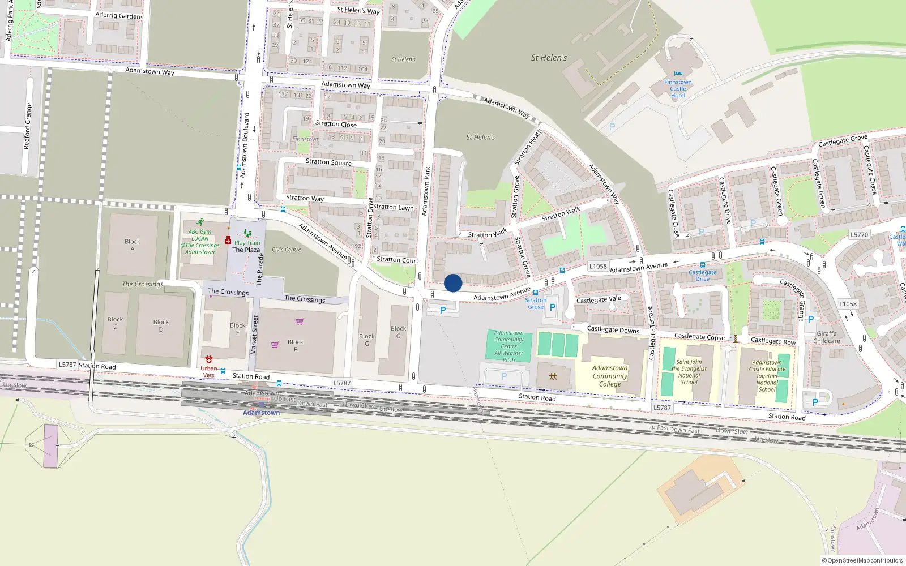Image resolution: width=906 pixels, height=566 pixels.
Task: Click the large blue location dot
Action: (453, 283)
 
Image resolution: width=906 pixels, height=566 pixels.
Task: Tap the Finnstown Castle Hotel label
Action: (678, 89)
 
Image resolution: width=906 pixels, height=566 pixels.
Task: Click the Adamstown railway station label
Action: (261, 413)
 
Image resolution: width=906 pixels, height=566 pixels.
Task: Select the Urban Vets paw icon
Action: (209, 359)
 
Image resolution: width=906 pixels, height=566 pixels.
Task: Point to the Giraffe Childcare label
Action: (826, 337)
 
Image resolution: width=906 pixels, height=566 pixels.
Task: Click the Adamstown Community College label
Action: (610, 376)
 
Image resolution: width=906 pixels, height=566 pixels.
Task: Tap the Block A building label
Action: (133, 245)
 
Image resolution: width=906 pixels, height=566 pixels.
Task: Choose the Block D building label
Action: (161, 325)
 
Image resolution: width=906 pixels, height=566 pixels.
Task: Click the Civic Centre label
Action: (287, 250)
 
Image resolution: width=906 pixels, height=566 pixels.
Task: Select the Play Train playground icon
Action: (247, 233)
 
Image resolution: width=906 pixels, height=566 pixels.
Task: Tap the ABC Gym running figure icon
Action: (200, 222)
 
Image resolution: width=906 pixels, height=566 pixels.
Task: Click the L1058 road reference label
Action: (598, 267)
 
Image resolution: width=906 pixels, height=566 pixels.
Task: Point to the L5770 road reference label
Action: (859, 235)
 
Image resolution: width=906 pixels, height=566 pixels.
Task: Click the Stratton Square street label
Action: (328, 162)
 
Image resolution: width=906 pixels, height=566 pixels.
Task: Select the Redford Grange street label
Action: (28, 126)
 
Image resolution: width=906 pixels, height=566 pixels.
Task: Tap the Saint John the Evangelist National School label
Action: (689, 372)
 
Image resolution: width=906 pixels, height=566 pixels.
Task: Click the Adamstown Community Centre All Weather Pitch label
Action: (509, 346)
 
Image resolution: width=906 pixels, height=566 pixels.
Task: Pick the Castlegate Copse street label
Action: (699, 337)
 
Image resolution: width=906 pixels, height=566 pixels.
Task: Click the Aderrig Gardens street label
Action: (119, 16)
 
